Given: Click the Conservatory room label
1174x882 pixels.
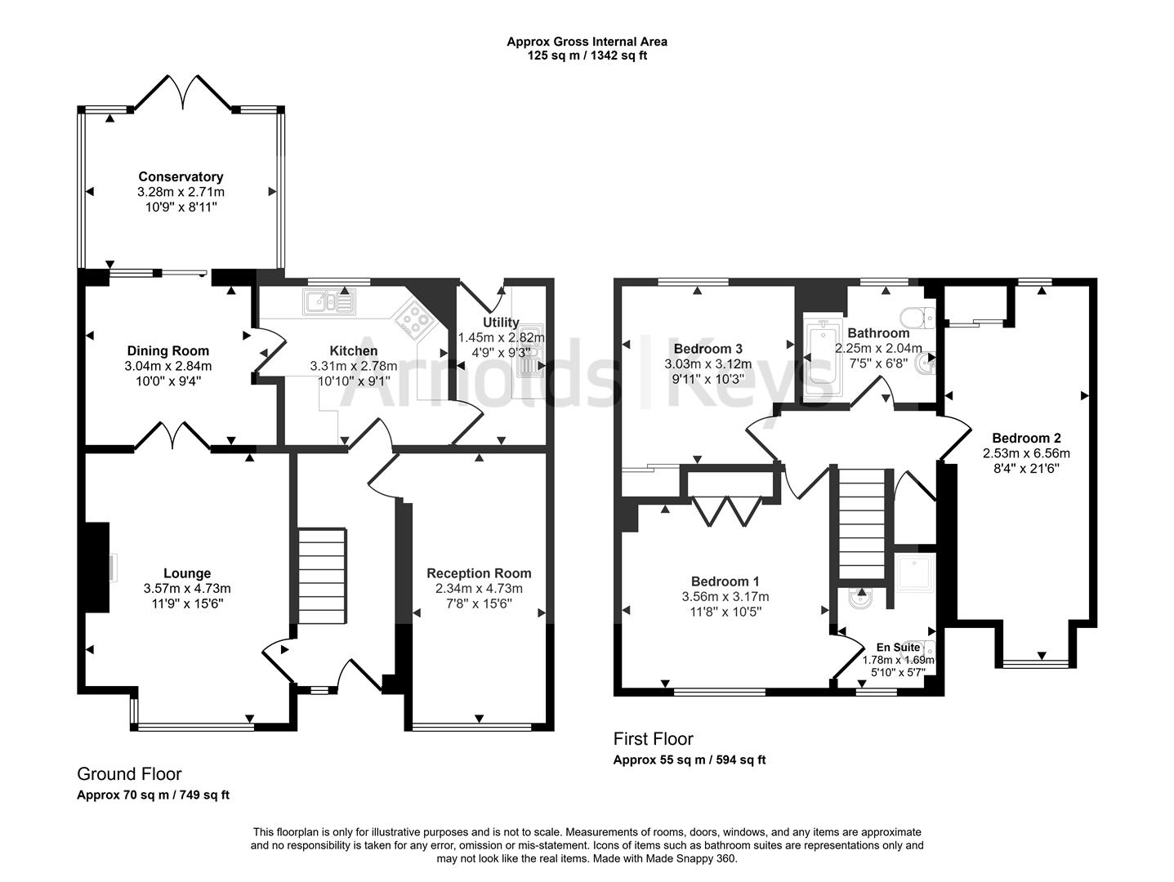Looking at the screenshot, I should (181, 176).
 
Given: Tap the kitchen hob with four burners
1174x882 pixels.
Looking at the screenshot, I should (415, 319).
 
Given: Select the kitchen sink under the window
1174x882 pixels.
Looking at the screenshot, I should (328, 302).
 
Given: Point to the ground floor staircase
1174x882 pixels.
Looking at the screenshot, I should (322, 577).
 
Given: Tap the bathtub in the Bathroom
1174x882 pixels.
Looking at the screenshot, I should (819, 359).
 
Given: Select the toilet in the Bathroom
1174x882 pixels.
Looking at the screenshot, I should (917, 317).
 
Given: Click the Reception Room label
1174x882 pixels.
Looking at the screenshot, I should (479, 573).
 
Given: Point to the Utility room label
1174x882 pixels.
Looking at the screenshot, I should (501, 323).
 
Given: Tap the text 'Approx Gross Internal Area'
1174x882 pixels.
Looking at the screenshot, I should (587, 42).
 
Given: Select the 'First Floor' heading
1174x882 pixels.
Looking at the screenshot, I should (653, 739).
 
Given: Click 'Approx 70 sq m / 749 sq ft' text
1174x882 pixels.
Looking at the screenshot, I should (153, 795).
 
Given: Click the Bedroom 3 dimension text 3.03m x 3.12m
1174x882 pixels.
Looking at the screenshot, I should (708, 364).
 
